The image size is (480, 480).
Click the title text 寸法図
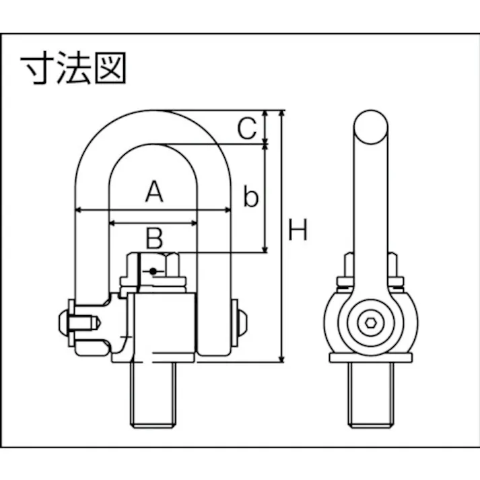click(x=74, y=69)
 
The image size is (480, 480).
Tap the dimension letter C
click(x=248, y=128)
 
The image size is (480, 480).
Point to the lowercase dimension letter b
click(x=250, y=197)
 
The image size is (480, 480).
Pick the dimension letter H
click(x=298, y=231)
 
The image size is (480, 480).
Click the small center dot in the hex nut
click(x=154, y=271)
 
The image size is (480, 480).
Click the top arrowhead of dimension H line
click(x=283, y=113)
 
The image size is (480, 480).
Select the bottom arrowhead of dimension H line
click(x=283, y=359)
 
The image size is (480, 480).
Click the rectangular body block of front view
click(x=166, y=323)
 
